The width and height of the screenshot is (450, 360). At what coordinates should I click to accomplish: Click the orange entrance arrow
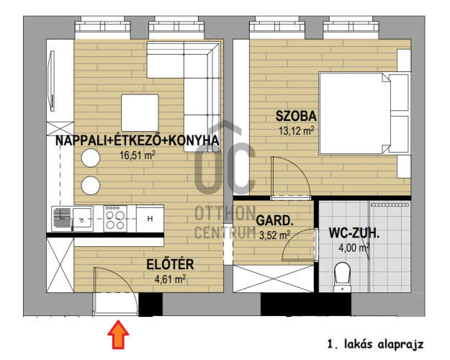(x=118, y=335)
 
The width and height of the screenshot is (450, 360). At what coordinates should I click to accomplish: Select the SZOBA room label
(x=296, y=116)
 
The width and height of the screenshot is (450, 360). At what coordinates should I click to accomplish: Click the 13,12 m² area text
(x=297, y=131)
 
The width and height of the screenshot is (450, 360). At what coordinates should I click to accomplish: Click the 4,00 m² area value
(x=354, y=248)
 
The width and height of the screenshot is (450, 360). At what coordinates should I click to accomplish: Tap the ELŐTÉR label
(x=170, y=264)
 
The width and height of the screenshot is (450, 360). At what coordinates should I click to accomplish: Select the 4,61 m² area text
(x=170, y=279)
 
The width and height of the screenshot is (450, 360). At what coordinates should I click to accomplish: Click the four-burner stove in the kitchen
(x=115, y=219)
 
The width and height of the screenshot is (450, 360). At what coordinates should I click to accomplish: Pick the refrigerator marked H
(x=150, y=218)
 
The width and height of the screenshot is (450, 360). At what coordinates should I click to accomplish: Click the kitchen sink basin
(x=82, y=219)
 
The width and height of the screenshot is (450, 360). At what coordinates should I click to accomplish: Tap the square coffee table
(x=140, y=113)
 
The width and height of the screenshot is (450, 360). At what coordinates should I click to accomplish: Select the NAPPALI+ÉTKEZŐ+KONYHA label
(x=138, y=140)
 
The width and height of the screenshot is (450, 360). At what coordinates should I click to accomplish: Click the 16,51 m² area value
(x=138, y=156)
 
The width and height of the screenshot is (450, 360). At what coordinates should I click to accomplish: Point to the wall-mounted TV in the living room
(x=52, y=81)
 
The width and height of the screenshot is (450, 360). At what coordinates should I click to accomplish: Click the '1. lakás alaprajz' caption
(x=376, y=344)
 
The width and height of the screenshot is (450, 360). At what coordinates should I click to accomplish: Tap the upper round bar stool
(x=91, y=158)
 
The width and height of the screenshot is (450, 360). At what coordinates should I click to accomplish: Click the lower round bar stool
(x=91, y=185)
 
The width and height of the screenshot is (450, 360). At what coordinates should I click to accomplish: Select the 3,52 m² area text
(x=274, y=235)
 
